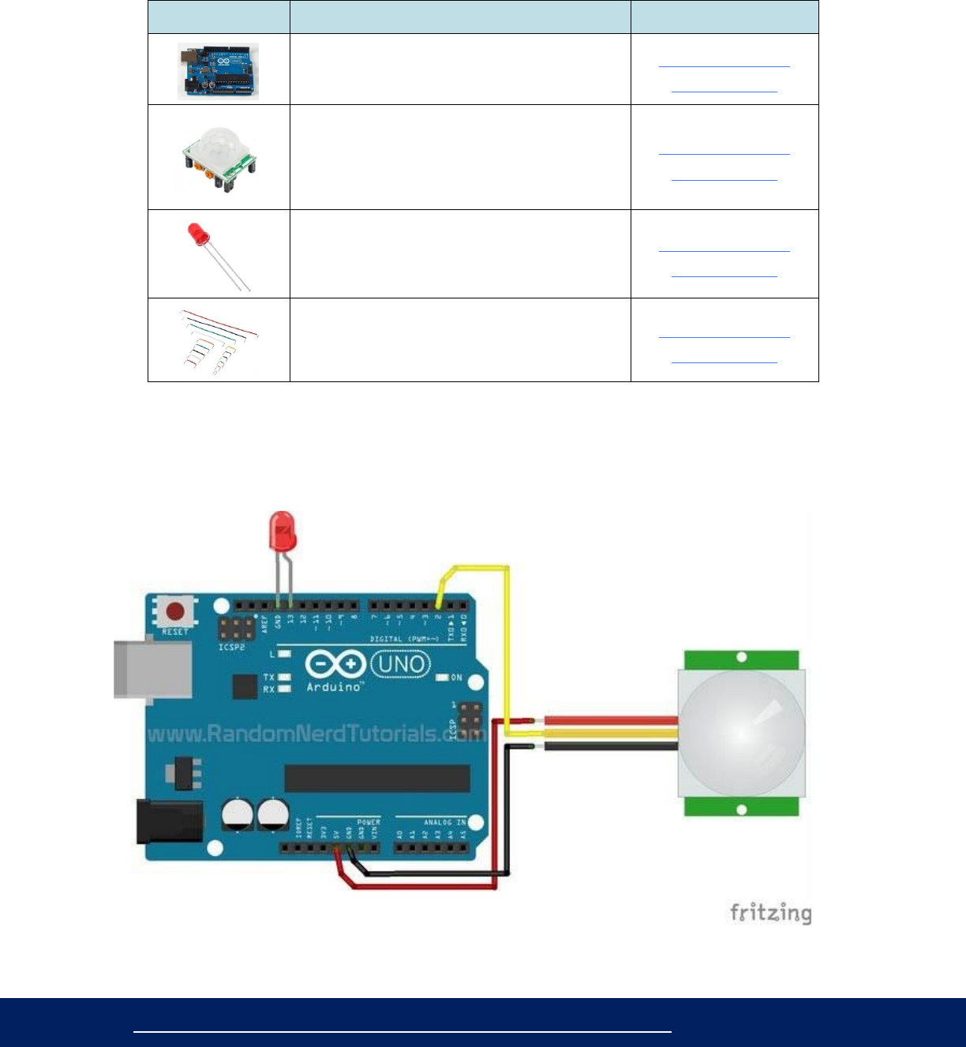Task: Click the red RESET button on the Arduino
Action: point(175,611)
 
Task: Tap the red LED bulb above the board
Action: point(282,530)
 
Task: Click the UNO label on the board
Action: point(401,663)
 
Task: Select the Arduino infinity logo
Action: point(335,664)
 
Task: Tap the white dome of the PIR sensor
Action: point(742,733)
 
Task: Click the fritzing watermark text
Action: point(770,914)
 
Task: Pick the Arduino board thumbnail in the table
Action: point(218,71)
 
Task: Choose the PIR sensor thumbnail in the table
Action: point(218,157)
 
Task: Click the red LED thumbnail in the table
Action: point(218,254)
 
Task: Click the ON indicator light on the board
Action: point(443,677)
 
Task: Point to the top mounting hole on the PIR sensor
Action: point(742,657)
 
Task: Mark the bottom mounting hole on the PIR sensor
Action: point(742,809)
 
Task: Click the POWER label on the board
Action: point(369,822)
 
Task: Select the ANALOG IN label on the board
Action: point(444,822)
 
